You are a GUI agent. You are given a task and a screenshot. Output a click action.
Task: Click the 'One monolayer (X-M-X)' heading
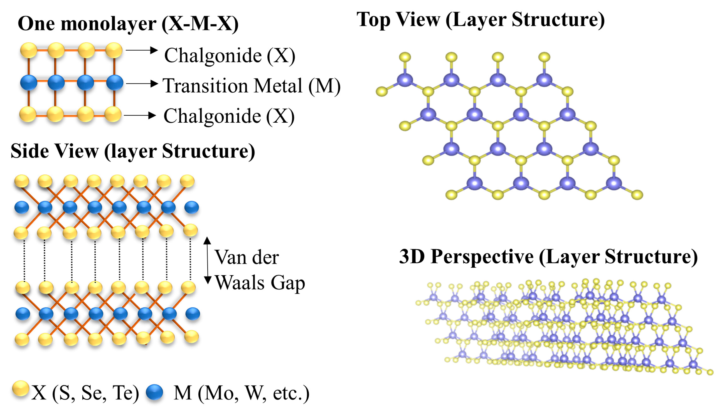coord(128,23)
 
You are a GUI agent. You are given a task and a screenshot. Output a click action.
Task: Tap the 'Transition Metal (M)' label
coord(252,86)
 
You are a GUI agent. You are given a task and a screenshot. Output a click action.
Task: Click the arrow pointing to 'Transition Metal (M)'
coord(142,83)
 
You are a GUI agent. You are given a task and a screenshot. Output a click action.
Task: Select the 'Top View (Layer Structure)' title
coord(481,20)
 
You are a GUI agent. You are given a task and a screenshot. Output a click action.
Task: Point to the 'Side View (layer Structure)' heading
coord(133,151)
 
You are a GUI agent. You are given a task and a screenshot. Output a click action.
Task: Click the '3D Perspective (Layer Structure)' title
coord(548,256)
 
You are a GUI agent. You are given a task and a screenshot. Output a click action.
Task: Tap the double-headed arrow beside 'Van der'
coord(208,260)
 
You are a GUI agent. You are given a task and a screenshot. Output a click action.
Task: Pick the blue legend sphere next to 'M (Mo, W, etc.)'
coord(154,392)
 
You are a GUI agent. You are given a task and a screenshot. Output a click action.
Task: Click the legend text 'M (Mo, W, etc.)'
coord(242,393)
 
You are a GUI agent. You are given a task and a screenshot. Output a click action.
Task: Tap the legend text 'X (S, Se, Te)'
coord(85,393)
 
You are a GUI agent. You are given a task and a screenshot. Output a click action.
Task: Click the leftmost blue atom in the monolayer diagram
coord(28,83)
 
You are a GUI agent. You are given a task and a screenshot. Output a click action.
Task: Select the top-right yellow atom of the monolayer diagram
coord(114,50)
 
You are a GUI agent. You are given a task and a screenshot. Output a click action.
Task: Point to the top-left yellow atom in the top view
coord(405,57)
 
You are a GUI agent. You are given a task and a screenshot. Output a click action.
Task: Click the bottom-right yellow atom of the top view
coord(637,195)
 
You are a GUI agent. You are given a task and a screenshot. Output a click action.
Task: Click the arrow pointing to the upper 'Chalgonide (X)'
coord(142,50)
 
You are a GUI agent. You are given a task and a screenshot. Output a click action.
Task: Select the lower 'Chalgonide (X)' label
coord(229,116)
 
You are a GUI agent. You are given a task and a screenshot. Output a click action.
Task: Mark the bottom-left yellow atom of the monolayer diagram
coord(28,114)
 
